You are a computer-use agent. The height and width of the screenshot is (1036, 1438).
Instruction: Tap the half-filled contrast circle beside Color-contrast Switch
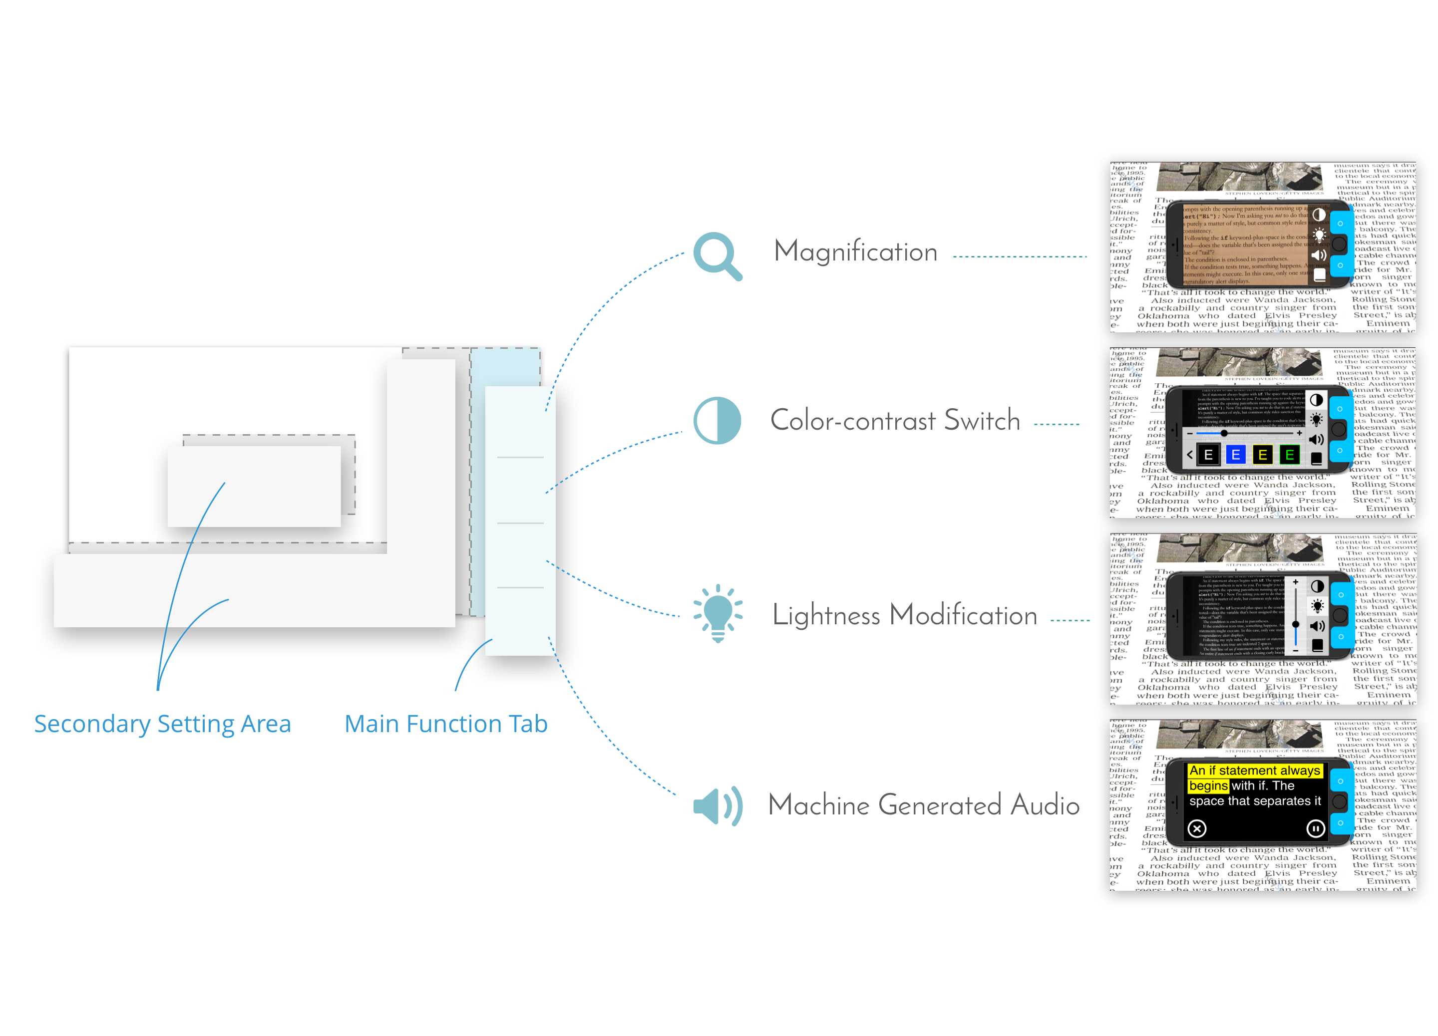(x=717, y=420)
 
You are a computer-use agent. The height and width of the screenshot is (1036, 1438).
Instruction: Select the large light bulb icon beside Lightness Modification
(x=718, y=612)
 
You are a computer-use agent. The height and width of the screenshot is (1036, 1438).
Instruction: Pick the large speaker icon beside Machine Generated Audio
(x=717, y=806)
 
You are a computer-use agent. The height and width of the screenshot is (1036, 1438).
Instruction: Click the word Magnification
(x=855, y=252)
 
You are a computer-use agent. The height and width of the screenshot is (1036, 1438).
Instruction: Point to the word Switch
(x=982, y=421)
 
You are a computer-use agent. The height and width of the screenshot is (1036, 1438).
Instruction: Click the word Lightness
(x=826, y=615)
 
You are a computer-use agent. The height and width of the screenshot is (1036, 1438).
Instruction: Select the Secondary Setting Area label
(x=162, y=724)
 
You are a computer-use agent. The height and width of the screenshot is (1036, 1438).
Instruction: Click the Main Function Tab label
(x=446, y=724)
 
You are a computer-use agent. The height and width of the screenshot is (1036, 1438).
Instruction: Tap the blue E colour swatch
(x=1236, y=454)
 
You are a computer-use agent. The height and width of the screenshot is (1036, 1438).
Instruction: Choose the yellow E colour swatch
(x=1262, y=454)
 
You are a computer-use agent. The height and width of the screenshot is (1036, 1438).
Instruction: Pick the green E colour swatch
(x=1289, y=454)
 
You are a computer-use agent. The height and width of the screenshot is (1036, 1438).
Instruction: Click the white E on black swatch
(x=1208, y=454)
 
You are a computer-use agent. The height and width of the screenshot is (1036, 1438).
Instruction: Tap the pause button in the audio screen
(x=1315, y=828)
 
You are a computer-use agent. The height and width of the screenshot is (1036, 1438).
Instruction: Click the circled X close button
(x=1197, y=828)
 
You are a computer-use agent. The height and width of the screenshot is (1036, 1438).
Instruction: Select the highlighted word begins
(x=1208, y=785)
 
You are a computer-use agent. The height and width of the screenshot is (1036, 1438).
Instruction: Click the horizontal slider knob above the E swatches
(x=1224, y=433)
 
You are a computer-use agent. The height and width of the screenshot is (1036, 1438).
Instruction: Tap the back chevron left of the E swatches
(x=1190, y=454)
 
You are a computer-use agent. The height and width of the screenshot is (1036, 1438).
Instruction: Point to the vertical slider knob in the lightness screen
(x=1295, y=625)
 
